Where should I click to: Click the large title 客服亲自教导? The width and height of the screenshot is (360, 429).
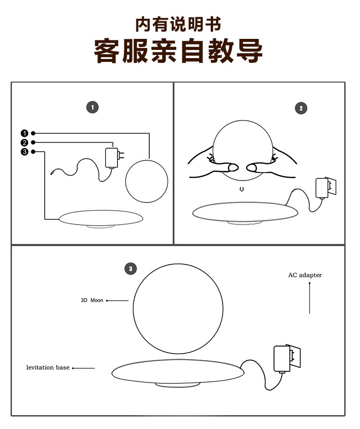coord(178,51)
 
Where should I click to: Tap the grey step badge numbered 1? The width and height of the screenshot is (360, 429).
coord(92,107)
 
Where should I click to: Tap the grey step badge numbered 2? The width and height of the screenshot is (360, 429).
coord(300,108)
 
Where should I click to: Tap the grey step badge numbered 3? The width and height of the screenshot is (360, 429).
coord(130,268)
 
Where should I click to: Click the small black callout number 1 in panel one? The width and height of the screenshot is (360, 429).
coord(24,133)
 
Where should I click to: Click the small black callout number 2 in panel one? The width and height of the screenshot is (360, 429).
coord(24,143)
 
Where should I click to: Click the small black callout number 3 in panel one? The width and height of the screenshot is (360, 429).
coord(24,152)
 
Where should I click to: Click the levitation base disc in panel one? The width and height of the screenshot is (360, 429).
coord(100,218)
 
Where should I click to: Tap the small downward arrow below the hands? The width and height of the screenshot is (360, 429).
coord(242,189)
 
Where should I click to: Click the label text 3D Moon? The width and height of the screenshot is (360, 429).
coord(92,300)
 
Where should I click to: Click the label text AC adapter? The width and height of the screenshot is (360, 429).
coord(305,275)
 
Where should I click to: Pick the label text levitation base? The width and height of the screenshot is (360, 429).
coord(48,368)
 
